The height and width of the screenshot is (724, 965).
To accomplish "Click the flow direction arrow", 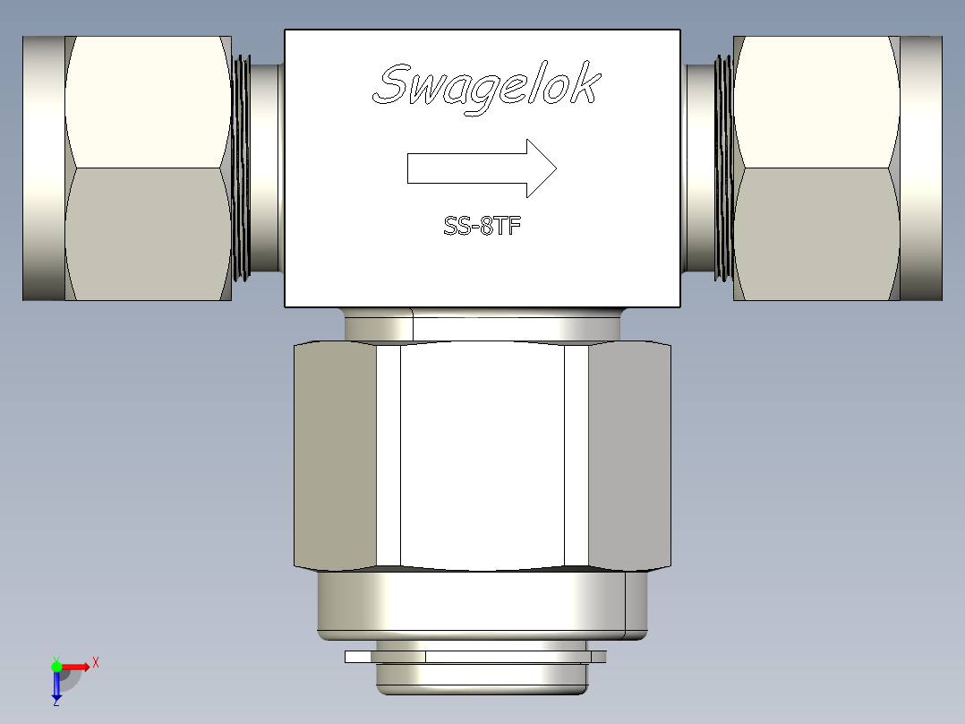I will (482, 168).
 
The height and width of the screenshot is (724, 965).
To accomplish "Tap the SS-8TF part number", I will (482, 227).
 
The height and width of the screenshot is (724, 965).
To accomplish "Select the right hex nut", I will (816, 168).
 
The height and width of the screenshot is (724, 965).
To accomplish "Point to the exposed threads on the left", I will (240, 168).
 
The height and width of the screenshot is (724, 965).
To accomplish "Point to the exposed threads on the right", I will (723, 168).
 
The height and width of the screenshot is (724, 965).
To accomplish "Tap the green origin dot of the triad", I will (56, 666).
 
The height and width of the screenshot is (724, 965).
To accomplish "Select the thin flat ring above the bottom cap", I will (474, 657).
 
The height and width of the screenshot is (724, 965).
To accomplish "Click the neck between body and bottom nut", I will (482, 324).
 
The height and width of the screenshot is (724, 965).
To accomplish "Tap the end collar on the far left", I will (43, 168).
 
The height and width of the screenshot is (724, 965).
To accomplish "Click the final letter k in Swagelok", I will (587, 86).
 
